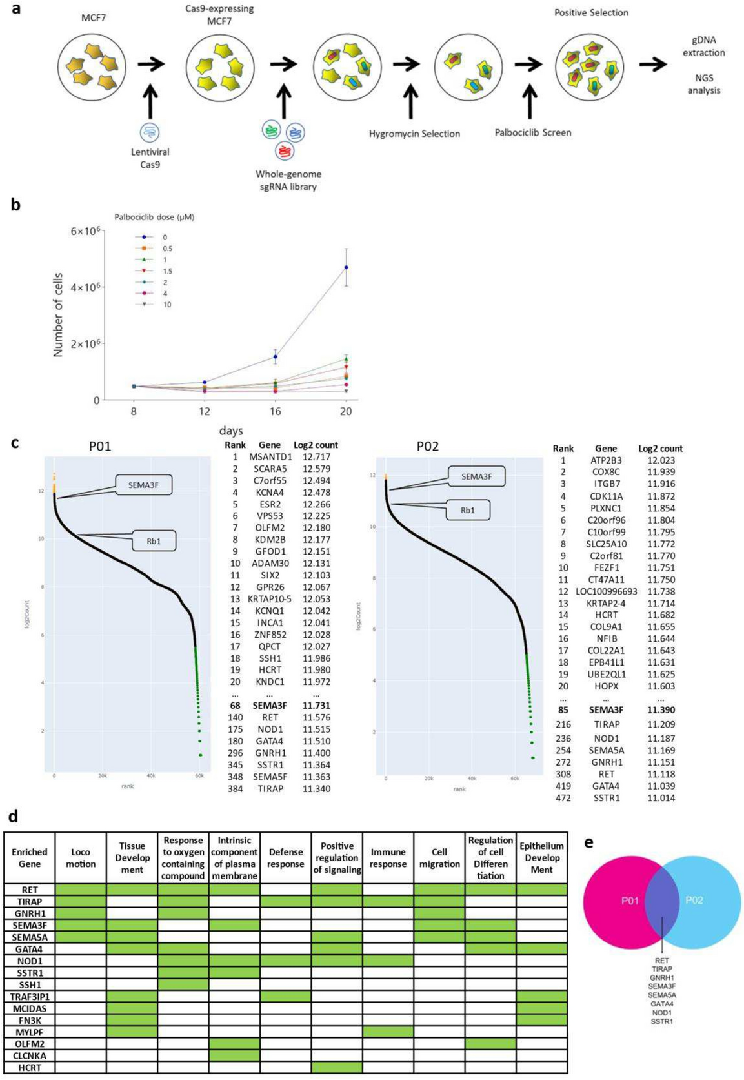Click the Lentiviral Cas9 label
point(150,158)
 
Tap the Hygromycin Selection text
point(414,134)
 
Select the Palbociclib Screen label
point(532,132)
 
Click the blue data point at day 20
point(347,267)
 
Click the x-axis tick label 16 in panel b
point(275,411)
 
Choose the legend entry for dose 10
point(166,305)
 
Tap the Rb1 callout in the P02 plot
point(467,510)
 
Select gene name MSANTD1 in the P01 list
point(270,456)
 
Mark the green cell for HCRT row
point(337,1067)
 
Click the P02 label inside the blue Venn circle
point(694,900)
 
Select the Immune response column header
point(388,858)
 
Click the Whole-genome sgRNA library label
point(288,180)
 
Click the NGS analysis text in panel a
point(703,84)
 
